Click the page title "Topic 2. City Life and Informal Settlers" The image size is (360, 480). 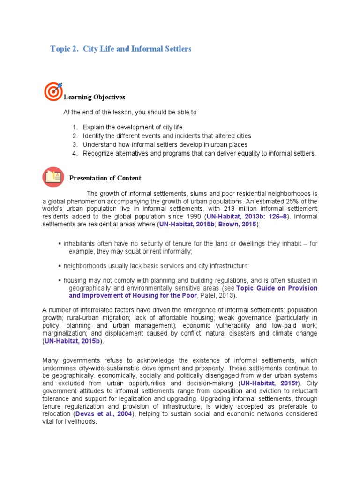click(121, 49)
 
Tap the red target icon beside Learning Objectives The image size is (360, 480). click(53, 91)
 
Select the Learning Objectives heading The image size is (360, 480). click(94, 97)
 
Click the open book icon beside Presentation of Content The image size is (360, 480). click(53, 177)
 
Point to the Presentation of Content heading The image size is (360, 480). click(105, 178)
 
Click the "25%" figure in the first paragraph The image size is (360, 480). click(297, 201)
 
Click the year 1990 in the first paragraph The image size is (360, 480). click(193, 217)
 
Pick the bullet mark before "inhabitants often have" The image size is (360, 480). click(59, 244)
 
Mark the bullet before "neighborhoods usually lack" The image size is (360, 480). click(59, 266)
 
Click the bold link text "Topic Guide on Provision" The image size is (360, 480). click(277, 288)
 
